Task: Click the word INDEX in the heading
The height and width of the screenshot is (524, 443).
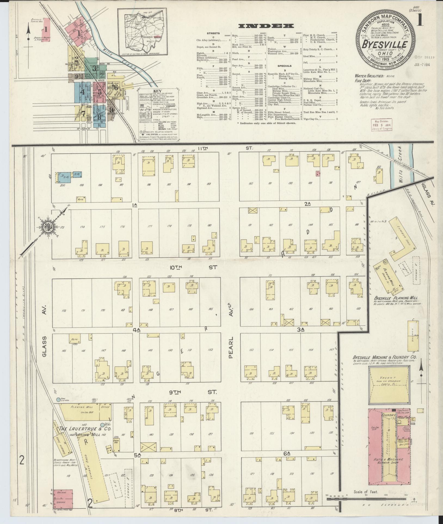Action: click(266, 26)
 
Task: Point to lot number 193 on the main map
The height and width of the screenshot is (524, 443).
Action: click(209, 184)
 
